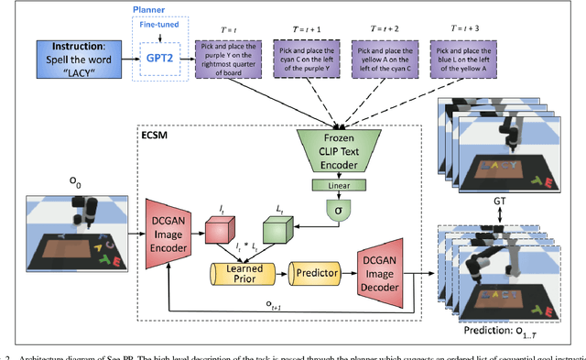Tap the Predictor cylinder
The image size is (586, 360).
pos(313,272)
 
